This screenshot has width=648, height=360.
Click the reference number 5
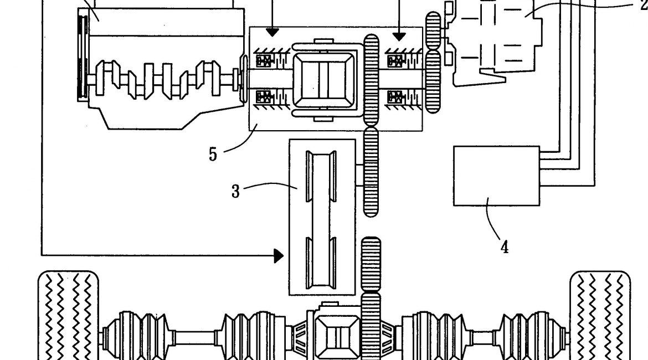click(x=213, y=154)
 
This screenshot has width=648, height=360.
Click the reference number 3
click(x=235, y=192)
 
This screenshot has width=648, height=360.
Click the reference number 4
click(x=505, y=247)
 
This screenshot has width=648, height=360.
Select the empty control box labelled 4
click(x=496, y=176)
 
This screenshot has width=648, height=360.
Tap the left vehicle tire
click(x=68, y=315)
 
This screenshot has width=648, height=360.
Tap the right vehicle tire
click(x=600, y=315)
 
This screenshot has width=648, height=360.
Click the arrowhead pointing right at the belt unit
click(x=279, y=256)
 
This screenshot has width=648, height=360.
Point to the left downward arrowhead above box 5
click(x=272, y=32)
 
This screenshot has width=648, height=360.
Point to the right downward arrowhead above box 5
click(x=399, y=37)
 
